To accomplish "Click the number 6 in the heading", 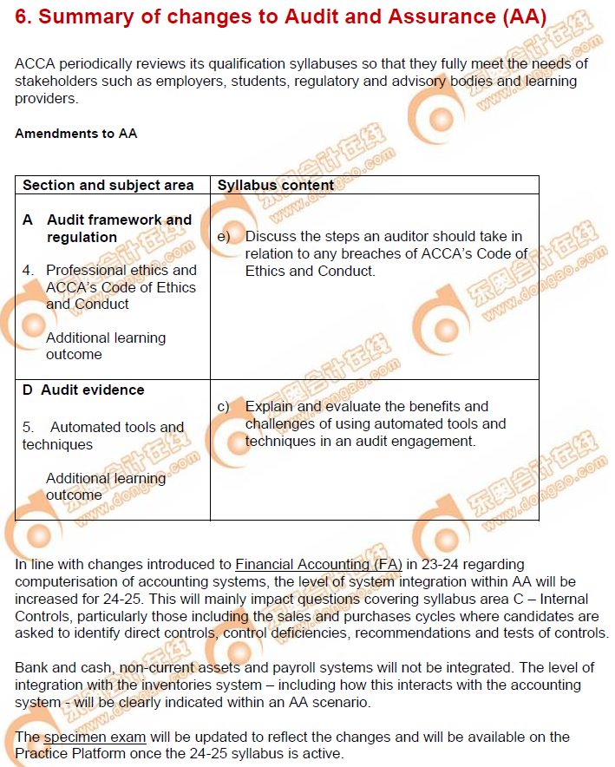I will click(x=23, y=18).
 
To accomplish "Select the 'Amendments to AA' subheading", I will click(x=75, y=134).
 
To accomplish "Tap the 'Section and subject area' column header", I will click(x=108, y=185).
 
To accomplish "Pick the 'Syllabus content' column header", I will click(x=276, y=185).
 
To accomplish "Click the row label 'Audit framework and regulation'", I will click(x=119, y=228).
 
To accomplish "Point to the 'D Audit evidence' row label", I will click(x=83, y=390).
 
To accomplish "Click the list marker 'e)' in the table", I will click(x=224, y=237).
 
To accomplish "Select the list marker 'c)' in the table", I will click(x=224, y=406).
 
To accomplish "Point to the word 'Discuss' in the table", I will click(x=270, y=237).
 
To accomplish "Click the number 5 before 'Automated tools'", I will click(x=29, y=427).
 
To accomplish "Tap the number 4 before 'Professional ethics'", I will click(x=29, y=271).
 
